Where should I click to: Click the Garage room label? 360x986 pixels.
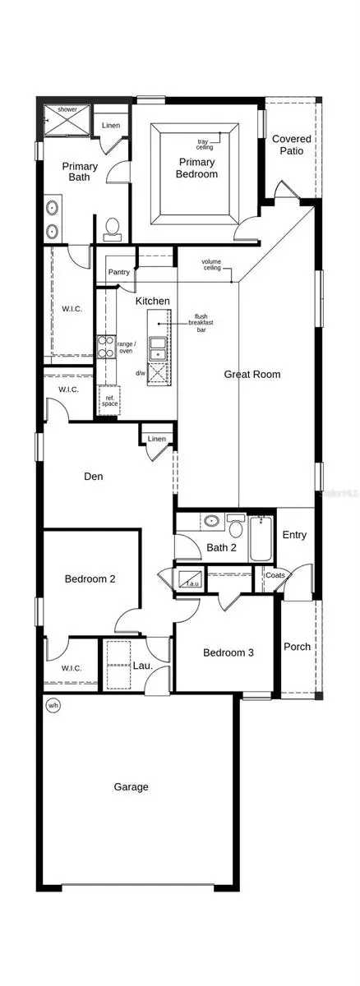(132, 786)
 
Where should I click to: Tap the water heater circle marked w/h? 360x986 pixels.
(53, 705)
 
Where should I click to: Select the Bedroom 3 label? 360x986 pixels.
(228, 652)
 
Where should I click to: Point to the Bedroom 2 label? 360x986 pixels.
(90, 578)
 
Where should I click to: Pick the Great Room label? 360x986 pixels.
(252, 374)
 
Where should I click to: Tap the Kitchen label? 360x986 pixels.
(153, 301)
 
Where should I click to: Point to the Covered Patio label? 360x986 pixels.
(292, 145)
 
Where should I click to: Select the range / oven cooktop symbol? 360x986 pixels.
(106, 345)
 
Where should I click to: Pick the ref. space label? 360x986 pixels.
(109, 401)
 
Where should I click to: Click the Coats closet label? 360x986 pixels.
(275, 575)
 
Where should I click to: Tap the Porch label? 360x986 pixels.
(297, 646)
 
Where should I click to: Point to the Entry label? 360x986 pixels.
(294, 535)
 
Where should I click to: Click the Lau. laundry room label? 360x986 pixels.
(143, 664)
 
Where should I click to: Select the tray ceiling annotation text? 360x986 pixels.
(205, 144)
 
